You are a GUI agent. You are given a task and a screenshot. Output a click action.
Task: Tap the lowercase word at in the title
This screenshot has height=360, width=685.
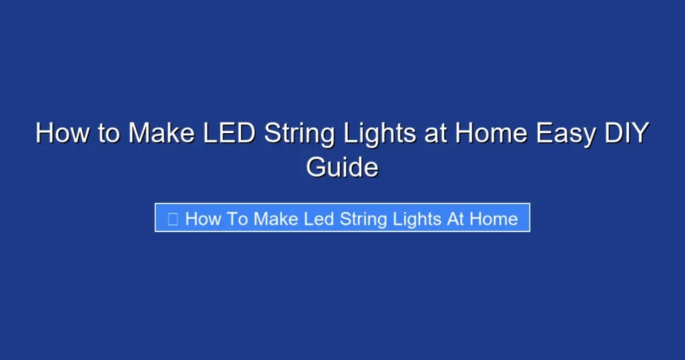pyautogui.click(x=435, y=133)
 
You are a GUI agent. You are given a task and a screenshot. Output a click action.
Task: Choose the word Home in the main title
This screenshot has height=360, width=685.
pyautogui.click(x=492, y=133)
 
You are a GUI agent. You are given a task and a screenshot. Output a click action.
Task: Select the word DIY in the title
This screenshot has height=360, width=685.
pyautogui.click(x=625, y=133)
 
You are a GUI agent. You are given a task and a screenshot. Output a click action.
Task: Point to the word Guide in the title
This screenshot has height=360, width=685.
pyautogui.click(x=342, y=167)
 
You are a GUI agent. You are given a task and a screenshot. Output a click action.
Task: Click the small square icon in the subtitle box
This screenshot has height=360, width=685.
pyautogui.click(x=173, y=219)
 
